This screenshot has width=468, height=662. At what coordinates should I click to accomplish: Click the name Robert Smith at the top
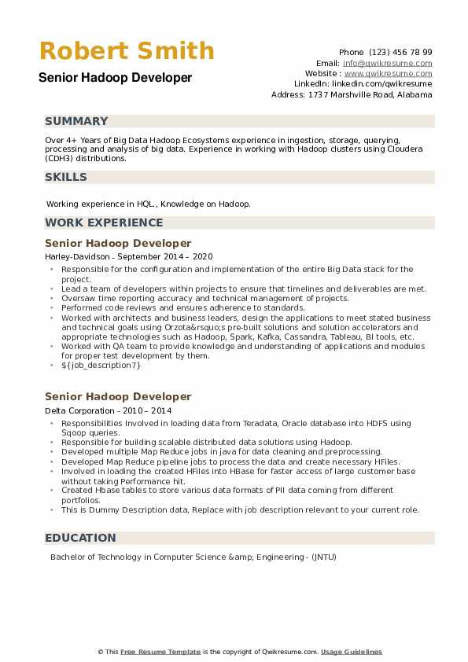tap(127, 51)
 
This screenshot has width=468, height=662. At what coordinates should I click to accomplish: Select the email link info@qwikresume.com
tap(388, 63)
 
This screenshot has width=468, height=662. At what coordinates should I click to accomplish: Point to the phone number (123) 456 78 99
tap(401, 52)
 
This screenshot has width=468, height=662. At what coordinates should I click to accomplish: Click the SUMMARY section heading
tap(76, 121)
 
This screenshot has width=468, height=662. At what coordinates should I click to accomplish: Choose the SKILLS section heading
tap(66, 177)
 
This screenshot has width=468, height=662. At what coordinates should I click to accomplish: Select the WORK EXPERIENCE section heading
tap(104, 223)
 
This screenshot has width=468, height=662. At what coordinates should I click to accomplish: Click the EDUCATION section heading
tap(80, 538)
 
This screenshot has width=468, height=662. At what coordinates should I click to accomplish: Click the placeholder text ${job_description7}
tap(101, 365)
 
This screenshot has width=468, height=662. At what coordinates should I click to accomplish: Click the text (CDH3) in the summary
tap(61, 158)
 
